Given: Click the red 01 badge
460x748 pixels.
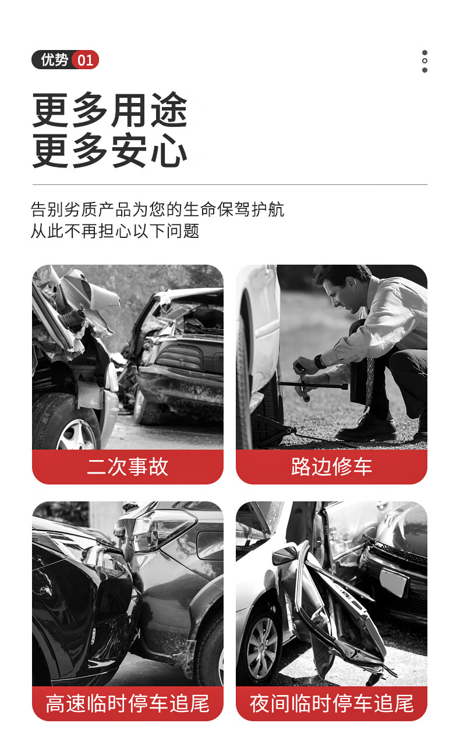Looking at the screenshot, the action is point(85,60).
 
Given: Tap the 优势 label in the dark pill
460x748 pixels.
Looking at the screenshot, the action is point(55,60).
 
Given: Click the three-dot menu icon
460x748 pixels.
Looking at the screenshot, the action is point(424,61).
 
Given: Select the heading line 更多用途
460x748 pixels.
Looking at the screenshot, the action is point(109,110).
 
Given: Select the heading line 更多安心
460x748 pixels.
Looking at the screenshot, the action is point(109,150).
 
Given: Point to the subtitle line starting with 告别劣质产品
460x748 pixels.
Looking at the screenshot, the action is point(157,209).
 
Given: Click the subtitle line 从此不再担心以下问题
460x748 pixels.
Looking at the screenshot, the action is point(115,231).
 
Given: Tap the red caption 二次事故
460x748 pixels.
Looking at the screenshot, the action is point(128,466).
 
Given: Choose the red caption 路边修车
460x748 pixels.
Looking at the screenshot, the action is point(331,466).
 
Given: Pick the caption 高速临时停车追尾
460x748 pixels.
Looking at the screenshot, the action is point(128,703).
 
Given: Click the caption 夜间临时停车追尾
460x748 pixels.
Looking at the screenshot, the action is point(331,703).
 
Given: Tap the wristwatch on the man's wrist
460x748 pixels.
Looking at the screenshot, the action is point(320,361).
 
